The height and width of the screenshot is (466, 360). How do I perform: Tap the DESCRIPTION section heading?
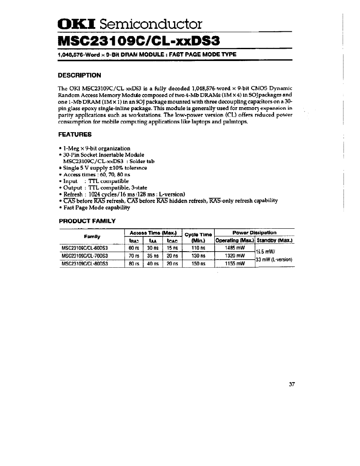(79, 75)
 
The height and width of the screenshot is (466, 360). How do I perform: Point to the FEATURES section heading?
(75, 134)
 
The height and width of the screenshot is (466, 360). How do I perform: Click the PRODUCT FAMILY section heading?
(86, 221)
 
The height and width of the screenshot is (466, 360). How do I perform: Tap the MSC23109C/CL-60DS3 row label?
(85, 248)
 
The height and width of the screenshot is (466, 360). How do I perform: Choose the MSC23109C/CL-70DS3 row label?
(85, 255)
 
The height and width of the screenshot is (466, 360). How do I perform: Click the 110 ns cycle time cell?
(198, 248)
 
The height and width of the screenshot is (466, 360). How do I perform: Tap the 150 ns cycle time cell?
(198, 264)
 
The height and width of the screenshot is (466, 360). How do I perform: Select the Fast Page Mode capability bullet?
(97, 208)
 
